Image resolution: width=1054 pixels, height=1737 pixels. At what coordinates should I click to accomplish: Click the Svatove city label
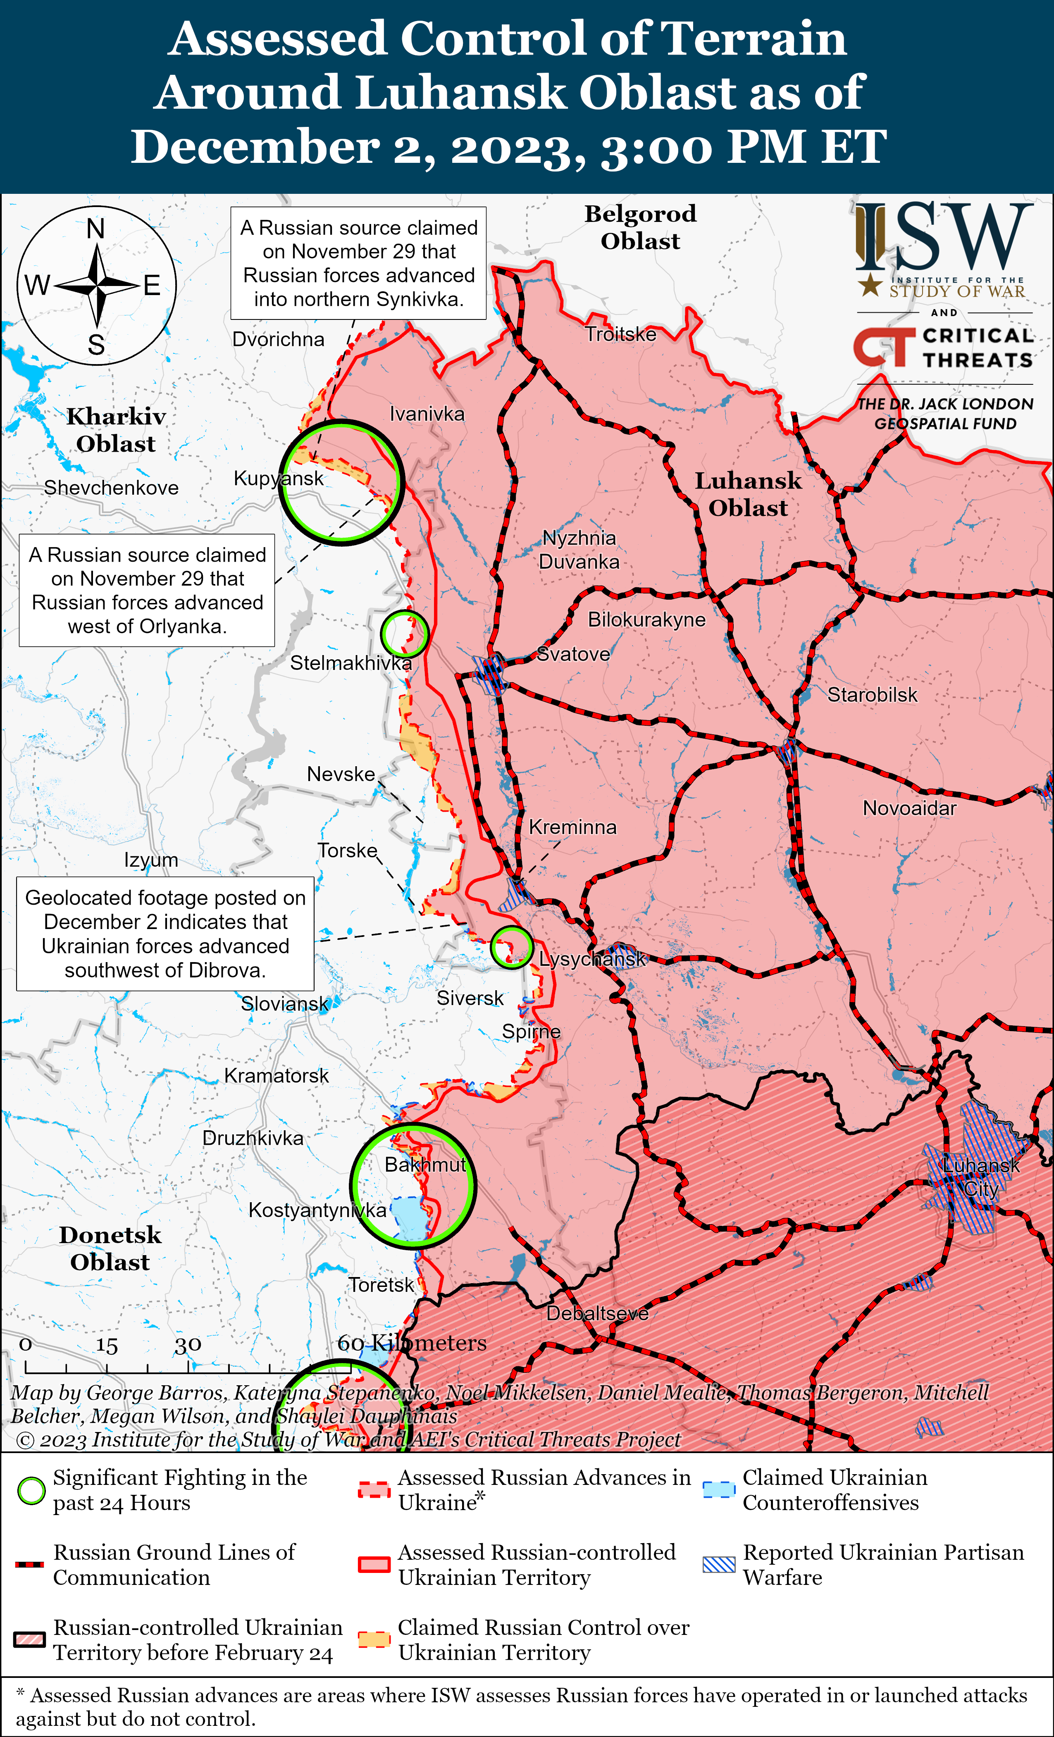[573, 654]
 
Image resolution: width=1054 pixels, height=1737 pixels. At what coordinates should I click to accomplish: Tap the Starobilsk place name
[872, 695]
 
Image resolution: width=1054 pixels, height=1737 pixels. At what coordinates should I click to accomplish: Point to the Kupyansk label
[279, 479]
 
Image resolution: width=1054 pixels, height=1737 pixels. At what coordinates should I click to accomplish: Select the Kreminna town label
[572, 827]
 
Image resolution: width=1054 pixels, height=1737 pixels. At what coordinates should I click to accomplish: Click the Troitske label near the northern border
[620, 334]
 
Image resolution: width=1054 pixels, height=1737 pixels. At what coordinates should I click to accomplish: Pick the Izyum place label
[151, 860]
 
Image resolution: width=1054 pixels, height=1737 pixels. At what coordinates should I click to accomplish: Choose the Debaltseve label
[597, 1313]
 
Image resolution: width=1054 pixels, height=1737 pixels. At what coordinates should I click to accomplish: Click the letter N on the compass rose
[96, 229]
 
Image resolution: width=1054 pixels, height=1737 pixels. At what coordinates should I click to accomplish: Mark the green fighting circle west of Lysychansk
[511, 947]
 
